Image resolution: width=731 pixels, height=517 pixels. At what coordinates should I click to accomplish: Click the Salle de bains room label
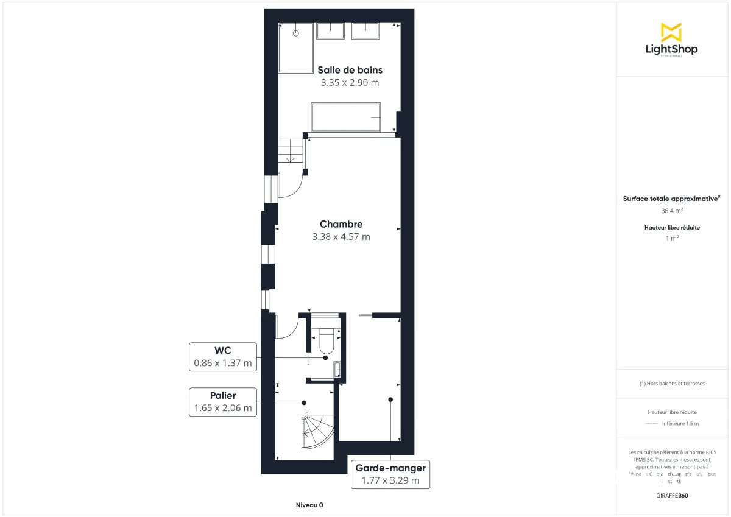(350, 70)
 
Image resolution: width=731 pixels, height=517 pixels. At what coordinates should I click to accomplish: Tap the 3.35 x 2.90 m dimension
(350, 83)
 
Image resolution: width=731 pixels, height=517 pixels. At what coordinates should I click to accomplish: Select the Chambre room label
(341, 224)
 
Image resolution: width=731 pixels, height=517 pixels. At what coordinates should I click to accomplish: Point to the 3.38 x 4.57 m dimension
(341, 237)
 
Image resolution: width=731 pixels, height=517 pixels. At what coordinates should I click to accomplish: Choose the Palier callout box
(222, 402)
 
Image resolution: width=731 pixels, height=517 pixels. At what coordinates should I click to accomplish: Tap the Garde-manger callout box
(390, 474)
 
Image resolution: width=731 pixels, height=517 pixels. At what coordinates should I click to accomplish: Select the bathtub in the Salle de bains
(346, 117)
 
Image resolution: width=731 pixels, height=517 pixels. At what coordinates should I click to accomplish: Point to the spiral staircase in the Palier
(318, 430)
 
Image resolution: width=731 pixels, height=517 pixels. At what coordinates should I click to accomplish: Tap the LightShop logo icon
(671, 32)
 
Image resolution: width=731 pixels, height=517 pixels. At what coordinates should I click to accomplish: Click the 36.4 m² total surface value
(672, 211)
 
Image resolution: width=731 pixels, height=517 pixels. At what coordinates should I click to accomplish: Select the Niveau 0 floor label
(309, 505)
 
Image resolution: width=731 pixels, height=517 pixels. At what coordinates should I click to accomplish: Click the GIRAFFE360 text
(672, 496)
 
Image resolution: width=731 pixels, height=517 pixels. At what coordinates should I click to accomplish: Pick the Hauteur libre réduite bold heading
(672, 228)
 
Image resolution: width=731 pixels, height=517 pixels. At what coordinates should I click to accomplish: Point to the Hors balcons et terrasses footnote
(672, 384)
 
